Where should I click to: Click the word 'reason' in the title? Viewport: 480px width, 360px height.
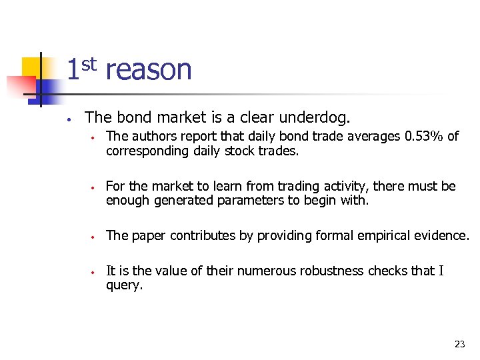(149, 69)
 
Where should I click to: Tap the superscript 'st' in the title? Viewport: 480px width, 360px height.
(90, 64)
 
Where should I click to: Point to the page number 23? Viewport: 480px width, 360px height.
(459, 344)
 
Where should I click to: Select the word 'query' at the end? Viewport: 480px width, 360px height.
(123, 285)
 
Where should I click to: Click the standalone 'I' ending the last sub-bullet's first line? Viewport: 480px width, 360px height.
(441, 271)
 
